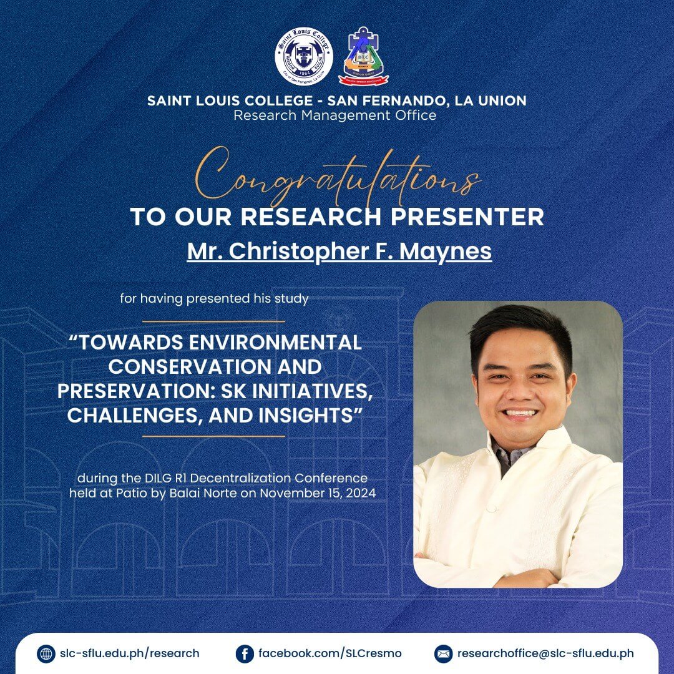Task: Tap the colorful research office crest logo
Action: pyautogui.click(x=363, y=56)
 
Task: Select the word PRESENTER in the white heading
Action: pyautogui.click(x=467, y=216)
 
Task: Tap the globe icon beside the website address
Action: pyautogui.click(x=46, y=654)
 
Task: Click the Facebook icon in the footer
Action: pyautogui.click(x=245, y=654)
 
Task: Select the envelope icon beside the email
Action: pyautogui.click(x=443, y=654)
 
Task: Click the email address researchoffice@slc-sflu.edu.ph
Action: pyautogui.click(x=545, y=654)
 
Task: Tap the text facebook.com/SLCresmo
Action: pyautogui.click(x=330, y=654)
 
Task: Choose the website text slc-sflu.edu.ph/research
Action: pyautogui.click(x=130, y=654)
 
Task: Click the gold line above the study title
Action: pyautogui.click(x=213, y=321)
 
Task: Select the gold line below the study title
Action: pyautogui.click(x=213, y=436)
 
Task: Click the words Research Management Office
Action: pyautogui.click(x=335, y=115)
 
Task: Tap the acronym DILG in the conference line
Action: pyautogui.click(x=155, y=478)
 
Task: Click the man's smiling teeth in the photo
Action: pyautogui.click(x=521, y=414)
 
